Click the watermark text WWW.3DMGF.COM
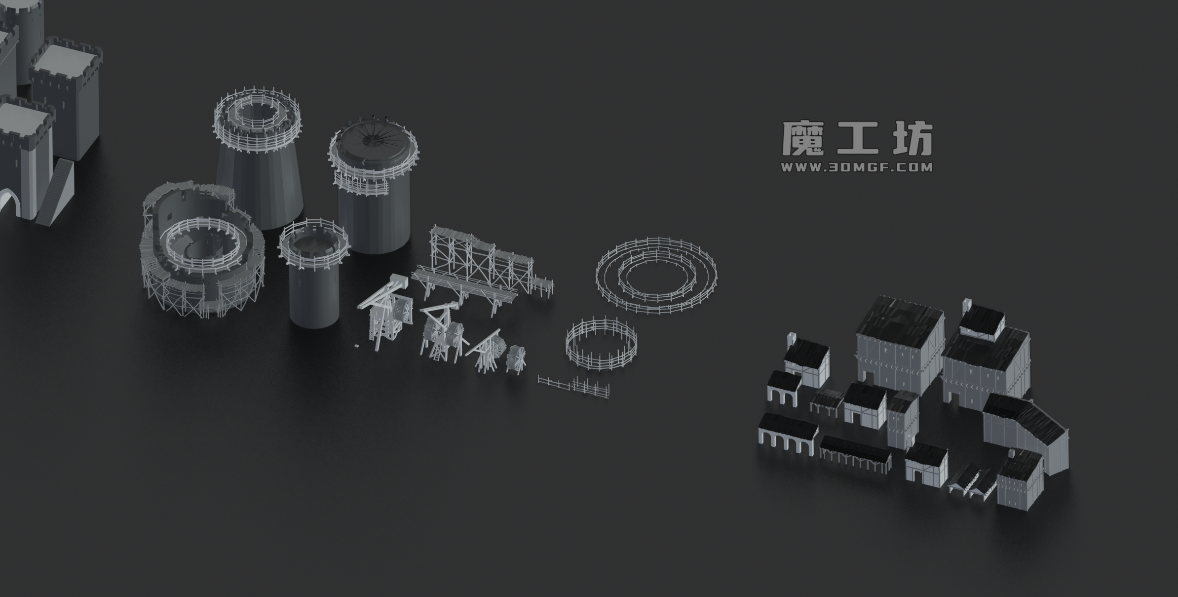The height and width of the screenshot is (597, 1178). pos(857,167)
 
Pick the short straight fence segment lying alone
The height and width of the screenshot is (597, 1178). pos(573,385)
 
